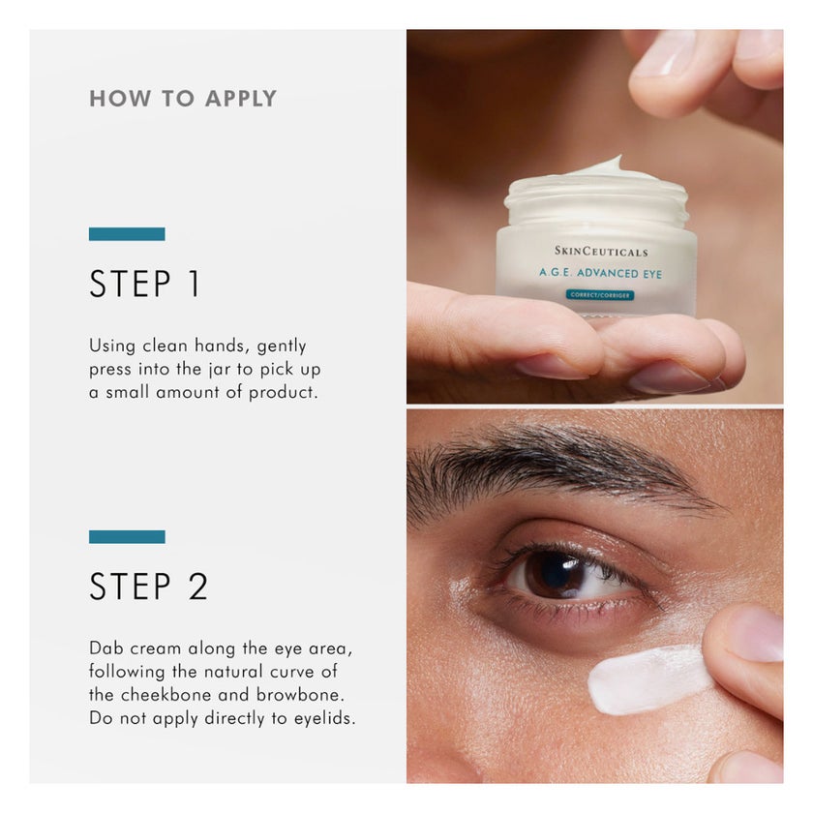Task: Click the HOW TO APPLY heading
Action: point(183,99)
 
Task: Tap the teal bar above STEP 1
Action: point(127,233)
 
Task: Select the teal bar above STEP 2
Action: point(127,536)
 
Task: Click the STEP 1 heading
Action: point(145,284)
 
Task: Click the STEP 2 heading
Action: point(148,587)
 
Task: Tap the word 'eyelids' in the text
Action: point(323,718)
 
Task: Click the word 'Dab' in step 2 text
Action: point(106,647)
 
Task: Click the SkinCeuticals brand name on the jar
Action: point(601,252)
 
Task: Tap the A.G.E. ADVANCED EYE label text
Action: point(601,274)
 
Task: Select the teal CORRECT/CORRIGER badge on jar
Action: point(600,294)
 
